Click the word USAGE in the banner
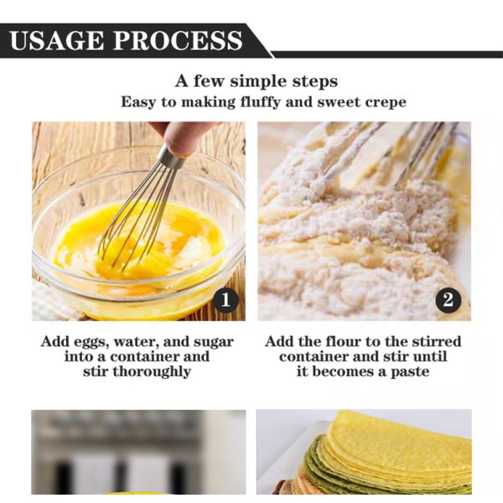(57, 40)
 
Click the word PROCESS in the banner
(178, 40)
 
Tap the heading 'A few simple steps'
(257, 80)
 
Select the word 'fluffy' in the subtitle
(260, 102)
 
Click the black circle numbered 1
(226, 300)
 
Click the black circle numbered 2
(449, 300)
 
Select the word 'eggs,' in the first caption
(91, 342)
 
